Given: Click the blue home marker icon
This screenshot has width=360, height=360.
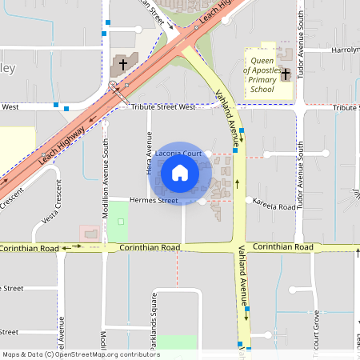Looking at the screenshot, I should (180, 172).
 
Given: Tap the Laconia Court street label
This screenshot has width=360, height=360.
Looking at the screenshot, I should (177, 152).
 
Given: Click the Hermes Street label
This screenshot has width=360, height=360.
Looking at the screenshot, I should (155, 200).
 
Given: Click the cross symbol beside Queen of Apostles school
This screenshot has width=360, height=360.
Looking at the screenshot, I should (285, 74).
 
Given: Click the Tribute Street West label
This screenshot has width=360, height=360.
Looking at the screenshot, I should (163, 106).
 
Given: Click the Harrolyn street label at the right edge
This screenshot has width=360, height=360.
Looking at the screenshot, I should (346, 50).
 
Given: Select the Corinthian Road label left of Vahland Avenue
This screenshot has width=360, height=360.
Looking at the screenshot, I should (150, 248).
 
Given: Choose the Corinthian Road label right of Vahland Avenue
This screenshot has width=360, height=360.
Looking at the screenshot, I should (282, 248).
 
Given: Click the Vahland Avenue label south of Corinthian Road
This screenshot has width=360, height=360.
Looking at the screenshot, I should (238, 273).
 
